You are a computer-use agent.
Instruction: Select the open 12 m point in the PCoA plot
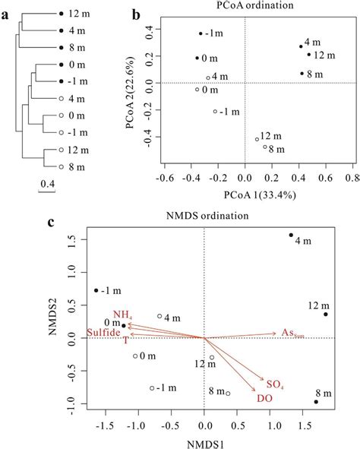tap(257, 139)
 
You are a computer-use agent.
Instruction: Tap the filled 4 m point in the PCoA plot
tap(301, 46)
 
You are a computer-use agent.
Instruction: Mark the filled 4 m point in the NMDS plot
tap(291, 236)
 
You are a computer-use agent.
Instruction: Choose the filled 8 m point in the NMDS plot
tap(316, 401)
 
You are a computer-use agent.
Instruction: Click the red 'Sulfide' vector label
tap(103, 333)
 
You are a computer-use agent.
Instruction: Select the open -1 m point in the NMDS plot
tap(152, 387)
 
